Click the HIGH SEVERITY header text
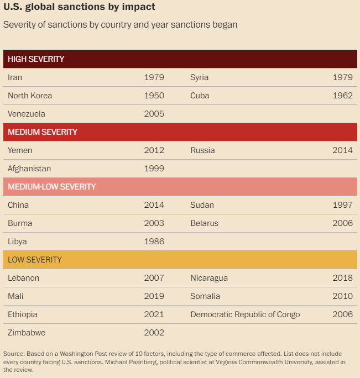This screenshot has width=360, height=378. pos(36,59)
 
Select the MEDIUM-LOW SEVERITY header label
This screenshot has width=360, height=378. pos(52,187)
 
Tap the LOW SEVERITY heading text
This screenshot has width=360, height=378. pos(35,260)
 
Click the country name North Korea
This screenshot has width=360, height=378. pos(30,96)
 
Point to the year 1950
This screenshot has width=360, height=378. pos(154,96)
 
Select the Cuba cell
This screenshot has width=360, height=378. pos(200,96)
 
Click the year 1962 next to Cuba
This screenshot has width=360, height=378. pos(343,96)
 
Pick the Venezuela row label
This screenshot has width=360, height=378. pos(27,114)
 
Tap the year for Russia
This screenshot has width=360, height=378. pos(343,150)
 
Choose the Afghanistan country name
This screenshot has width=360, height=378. pos(29,169)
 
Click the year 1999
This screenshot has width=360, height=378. pos(154,169)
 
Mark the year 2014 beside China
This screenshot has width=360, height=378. pos(154,205)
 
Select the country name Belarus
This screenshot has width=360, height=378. pos(205,223)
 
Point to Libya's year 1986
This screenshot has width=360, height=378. pos(154,242)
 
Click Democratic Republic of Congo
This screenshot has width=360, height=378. pos(245,314)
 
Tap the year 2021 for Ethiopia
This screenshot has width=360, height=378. pos(154,314)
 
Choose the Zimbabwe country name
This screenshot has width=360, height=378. pos(27,333)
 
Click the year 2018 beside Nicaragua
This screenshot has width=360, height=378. pos(343,278)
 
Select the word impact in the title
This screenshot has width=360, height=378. pos(138,7)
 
